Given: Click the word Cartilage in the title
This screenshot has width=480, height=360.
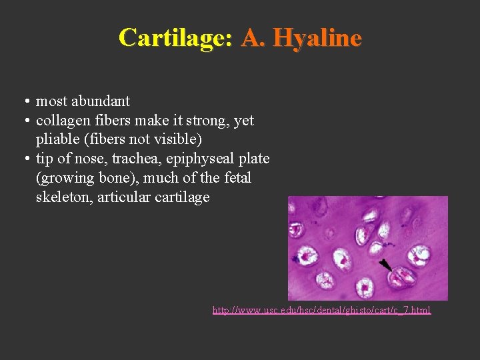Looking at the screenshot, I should (175, 37).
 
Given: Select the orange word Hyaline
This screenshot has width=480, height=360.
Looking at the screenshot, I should (317, 37).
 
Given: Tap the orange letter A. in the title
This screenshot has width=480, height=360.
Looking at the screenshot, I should (253, 37).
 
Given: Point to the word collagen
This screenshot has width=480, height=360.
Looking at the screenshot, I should (61, 121).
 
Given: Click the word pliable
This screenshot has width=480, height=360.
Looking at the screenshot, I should (59, 140).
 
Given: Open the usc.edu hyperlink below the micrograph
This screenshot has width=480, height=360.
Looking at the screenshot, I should (321, 310).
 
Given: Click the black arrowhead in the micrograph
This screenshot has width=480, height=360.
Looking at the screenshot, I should (385, 265).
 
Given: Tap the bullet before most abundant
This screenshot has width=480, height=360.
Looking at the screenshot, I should (25, 102).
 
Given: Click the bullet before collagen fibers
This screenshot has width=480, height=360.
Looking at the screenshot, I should (25, 121).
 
